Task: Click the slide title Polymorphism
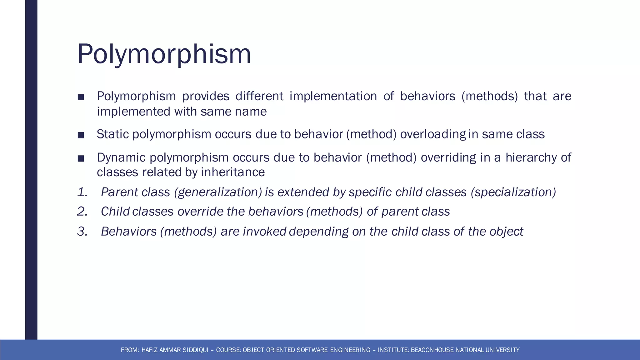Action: click(164, 54)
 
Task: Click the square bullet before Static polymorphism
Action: click(81, 135)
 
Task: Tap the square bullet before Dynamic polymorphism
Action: click(81, 158)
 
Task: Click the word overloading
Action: click(433, 134)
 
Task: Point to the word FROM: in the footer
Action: click(130, 350)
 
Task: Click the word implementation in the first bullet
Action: click(333, 96)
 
